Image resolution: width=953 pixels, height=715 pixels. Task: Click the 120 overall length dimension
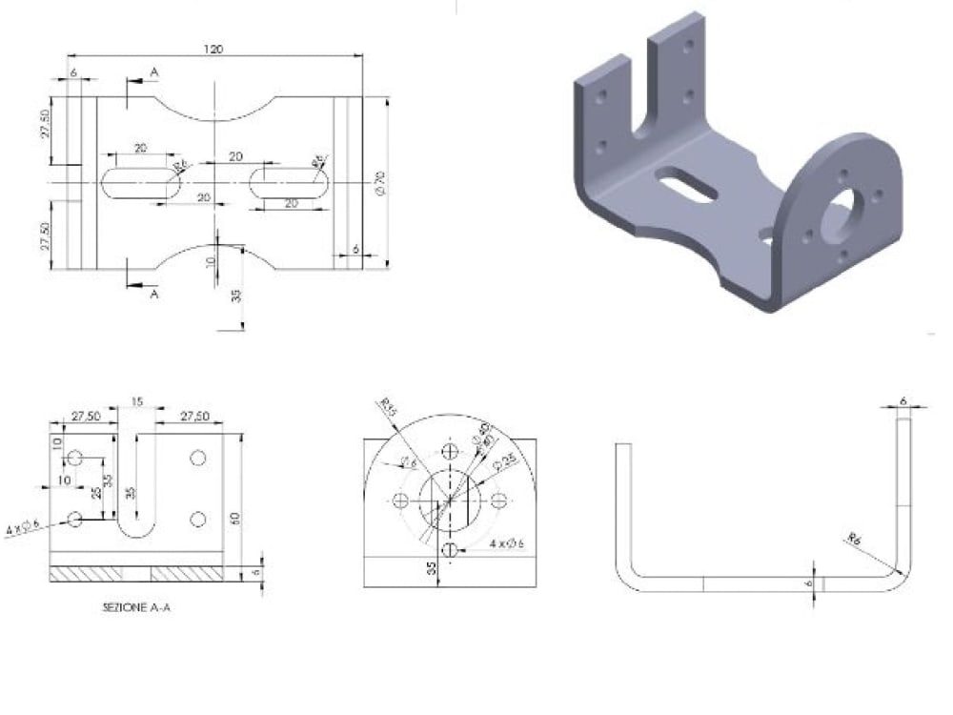coord(214,49)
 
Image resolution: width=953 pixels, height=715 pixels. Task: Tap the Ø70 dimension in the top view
coord(379,182)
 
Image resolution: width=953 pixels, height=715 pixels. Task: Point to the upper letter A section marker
coord(154,72)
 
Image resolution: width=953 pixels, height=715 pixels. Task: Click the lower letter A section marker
coord(154,295)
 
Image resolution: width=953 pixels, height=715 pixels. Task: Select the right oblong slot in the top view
coord(291,182)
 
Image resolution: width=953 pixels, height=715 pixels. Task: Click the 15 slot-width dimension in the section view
coord(136,403)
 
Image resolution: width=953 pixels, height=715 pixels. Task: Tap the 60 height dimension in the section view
coord(233,519)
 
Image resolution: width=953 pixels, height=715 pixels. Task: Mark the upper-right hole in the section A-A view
coord(198,458)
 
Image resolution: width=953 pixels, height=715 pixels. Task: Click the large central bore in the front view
coord(450,500)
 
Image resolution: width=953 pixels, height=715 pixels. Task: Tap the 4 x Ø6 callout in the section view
coord(23,526)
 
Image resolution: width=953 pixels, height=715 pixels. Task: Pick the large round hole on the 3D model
coord(838,211)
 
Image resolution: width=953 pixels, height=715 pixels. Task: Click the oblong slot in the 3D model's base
coord(684,185)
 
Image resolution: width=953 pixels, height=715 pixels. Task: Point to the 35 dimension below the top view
coord(235,296)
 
